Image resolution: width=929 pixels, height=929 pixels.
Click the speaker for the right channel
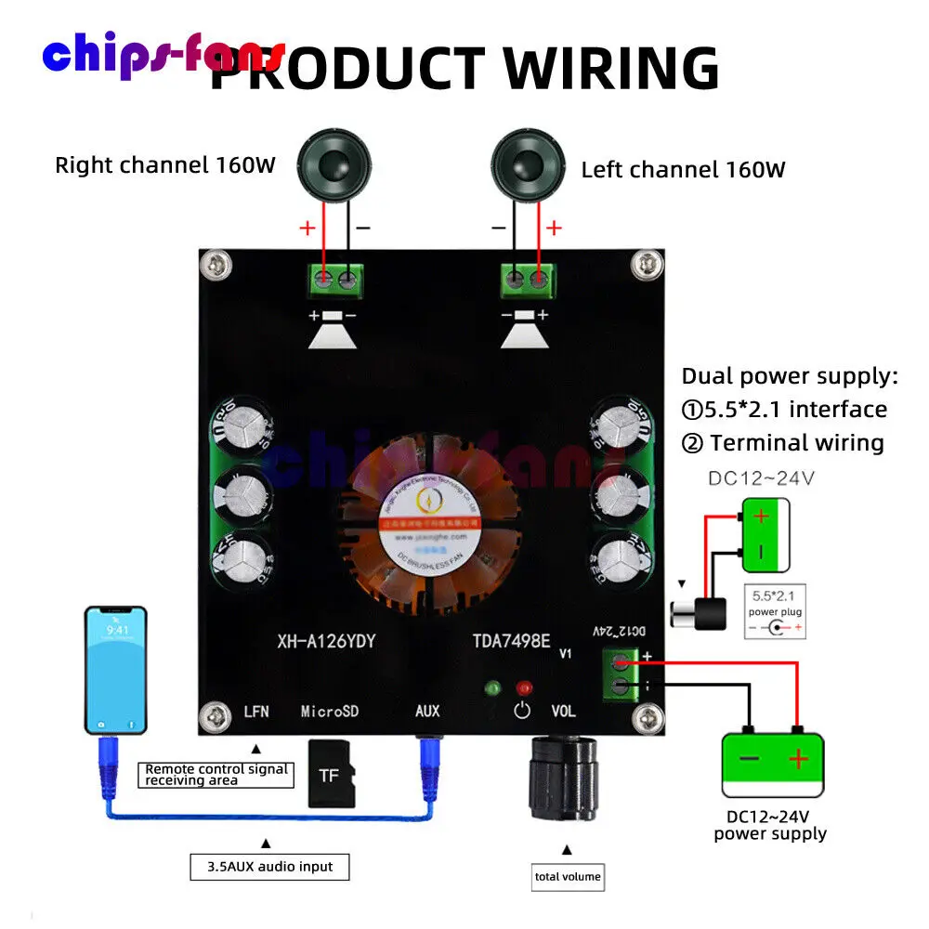331,165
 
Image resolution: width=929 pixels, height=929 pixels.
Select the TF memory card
330,773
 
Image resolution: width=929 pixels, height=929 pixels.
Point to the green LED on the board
493,688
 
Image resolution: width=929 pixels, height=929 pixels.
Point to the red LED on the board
524,688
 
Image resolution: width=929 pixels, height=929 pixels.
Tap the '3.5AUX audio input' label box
270,867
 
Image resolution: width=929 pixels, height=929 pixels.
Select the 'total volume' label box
568,876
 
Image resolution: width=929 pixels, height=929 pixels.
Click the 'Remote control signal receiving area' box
216,775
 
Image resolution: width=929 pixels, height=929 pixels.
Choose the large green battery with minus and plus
773,762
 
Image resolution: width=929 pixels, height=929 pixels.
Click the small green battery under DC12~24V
765,534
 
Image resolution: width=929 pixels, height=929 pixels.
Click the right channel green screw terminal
336,278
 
